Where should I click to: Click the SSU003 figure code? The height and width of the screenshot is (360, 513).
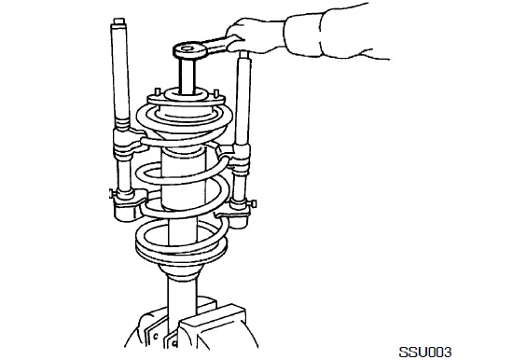coord(425,353)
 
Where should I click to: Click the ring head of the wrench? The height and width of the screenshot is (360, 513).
coord(188,50)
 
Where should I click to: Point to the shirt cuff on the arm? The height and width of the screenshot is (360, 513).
coord(302,35)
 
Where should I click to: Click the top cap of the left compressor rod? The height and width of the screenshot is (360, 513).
coord(119,21)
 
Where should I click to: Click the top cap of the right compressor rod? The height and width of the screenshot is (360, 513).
coord(243,54)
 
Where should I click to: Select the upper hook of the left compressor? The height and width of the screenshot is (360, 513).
coord(130,142)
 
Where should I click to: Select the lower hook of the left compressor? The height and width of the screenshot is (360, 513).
coord(129,204)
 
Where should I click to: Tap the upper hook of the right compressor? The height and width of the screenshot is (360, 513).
coord(234,156)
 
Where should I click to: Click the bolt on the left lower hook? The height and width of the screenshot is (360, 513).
coord(112,194)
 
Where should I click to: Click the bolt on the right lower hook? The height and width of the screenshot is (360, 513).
coord(253,204)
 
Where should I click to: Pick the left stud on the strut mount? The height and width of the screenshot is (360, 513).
coord(157,92)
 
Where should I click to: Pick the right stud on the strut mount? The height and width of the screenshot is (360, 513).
coord(216,93)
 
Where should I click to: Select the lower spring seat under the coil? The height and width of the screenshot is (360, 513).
coord(181,252)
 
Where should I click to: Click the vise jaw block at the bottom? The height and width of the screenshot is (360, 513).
coord(213,327)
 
